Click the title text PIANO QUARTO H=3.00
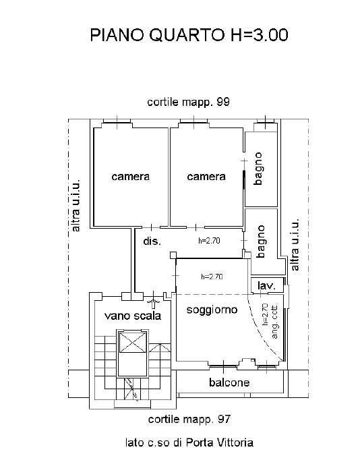click(189, 35)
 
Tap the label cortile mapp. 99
click(189, 102)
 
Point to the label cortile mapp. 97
click(189, 419)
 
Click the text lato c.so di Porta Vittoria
click(189, 443)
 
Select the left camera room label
click(131, 177)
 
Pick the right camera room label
click(206, 177)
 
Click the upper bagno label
click(258, 169)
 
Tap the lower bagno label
click(260, 241)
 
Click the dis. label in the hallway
click(152, 241)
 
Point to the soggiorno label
click(212, 310)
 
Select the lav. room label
click(266, 285)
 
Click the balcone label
click(229, 382)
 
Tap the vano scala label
click(133, 316)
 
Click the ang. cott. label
click(274, 321)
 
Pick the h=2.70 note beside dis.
click(209, 241)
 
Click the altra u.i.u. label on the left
click(75, 206)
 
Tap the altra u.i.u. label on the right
click(295, 244)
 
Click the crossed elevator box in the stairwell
click(133, 342)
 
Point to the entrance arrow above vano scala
click(154, 302)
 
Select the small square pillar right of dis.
click(173, 255)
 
